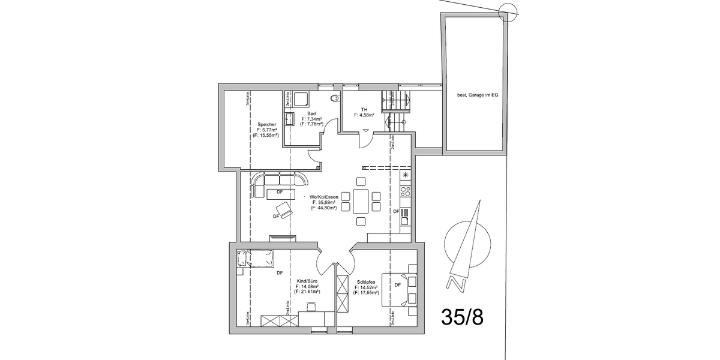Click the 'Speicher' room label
click(x=266, y=124)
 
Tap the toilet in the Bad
click(x=335, y=98)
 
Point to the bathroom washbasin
click(x=289, y=117)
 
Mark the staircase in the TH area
click(x=396, y=108)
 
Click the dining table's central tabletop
click(x=361, y=201)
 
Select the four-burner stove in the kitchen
click(x=406, y=192)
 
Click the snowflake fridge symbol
click(x=406, y=175)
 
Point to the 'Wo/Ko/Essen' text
click(x=324, y=197)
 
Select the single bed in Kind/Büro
click(x=256, y=259)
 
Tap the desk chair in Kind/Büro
click(x=311, y=307)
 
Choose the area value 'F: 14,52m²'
click(x=366, y=287)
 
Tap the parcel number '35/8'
click(x=461, y=316)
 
